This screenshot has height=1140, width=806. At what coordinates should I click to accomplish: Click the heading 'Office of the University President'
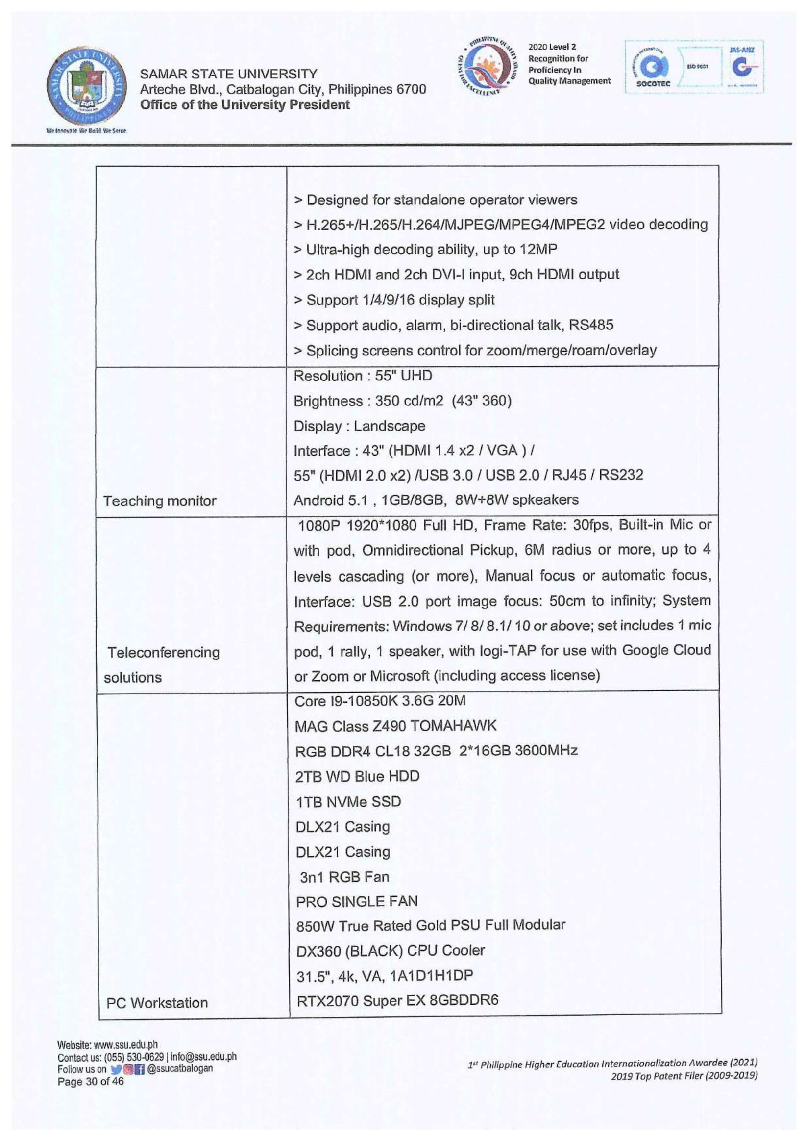point(244,105)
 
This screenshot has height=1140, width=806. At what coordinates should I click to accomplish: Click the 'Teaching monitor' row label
point(159,501)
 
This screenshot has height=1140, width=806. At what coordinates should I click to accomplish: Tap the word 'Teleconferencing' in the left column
point(163,652)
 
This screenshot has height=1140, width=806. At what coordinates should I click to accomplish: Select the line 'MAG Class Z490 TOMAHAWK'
point(395,726)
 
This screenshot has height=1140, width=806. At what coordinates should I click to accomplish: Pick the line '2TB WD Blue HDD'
point(357,776)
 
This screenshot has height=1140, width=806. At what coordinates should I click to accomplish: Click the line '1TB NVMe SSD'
point(348,801)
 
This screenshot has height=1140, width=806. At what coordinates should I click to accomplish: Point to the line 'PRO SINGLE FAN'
point(357,901)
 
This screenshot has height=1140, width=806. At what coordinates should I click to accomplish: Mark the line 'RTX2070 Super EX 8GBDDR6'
point(397,1000)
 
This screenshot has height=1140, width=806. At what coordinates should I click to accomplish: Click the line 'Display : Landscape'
point(359,426)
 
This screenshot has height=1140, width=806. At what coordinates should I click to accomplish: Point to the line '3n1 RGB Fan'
point(344,876)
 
